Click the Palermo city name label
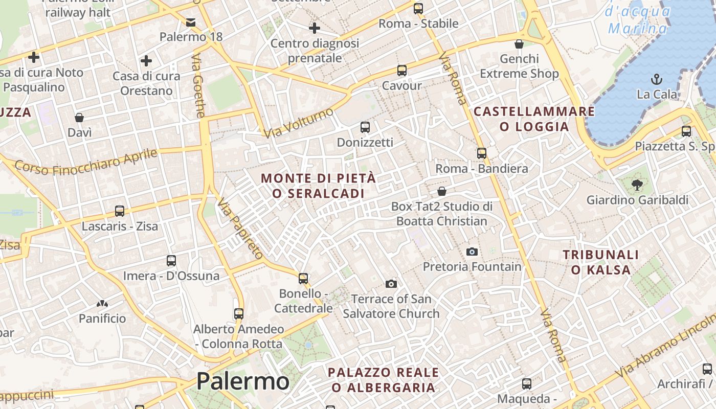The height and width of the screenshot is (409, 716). point(242,381)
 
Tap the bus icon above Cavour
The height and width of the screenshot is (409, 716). point(401,71)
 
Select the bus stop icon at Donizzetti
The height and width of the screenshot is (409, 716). point(365,127)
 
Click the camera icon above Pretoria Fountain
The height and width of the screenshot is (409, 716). point(472,252)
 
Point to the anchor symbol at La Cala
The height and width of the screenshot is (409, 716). point(656,79)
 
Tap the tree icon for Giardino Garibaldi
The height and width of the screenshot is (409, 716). point(637,185)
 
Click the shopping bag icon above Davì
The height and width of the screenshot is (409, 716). point(79,118)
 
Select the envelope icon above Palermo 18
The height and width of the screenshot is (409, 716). point(191,22)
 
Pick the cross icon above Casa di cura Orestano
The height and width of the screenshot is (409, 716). point(146,61)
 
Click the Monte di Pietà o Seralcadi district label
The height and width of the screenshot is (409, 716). point(318,186)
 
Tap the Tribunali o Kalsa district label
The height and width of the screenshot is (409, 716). point(601,262)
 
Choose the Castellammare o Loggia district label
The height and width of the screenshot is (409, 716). point(534,119)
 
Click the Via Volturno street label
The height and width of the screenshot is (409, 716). point(299,123)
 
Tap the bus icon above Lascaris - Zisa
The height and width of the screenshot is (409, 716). point(120,211)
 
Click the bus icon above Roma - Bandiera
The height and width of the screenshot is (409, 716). point(481,153)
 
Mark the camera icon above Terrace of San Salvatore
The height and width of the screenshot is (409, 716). point(391,284)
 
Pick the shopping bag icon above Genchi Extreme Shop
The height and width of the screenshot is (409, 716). point(519,44)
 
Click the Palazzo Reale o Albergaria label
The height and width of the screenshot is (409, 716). point(383,380)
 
